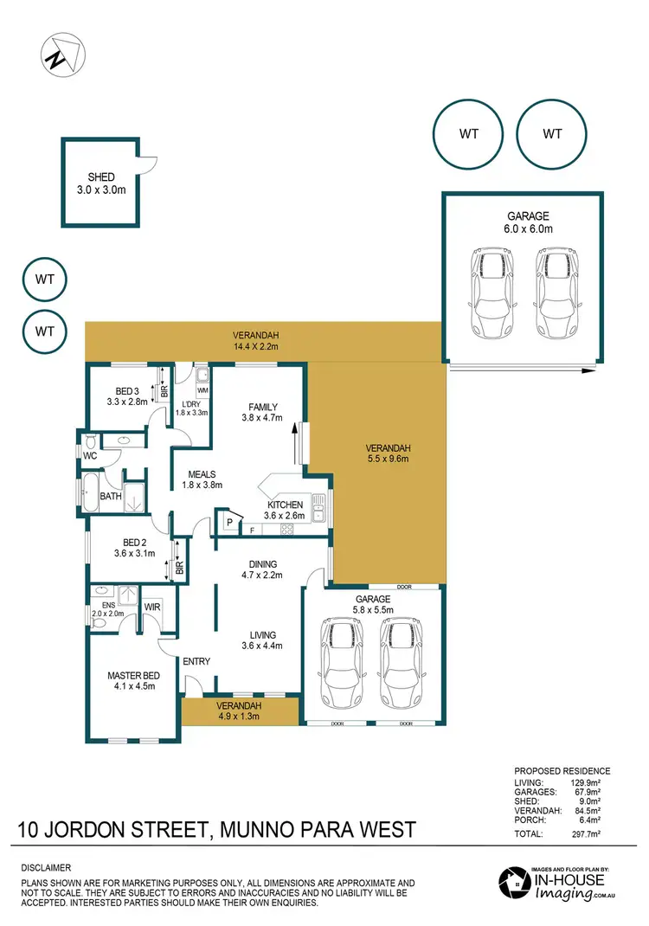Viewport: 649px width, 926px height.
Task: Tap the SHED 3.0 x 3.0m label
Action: coord(100,183)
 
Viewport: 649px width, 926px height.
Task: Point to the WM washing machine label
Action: coord(202,391)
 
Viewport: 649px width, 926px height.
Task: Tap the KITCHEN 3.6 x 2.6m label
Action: coord(285,511)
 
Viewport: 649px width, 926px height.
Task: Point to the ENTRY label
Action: coord(196,662)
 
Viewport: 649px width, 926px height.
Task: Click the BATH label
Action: coord(110,496)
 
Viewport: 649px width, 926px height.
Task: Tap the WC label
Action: coord(89,454)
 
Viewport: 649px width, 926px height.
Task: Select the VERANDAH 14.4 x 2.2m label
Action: coord(257,341)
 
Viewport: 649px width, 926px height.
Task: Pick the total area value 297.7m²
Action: coord(591,834)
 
